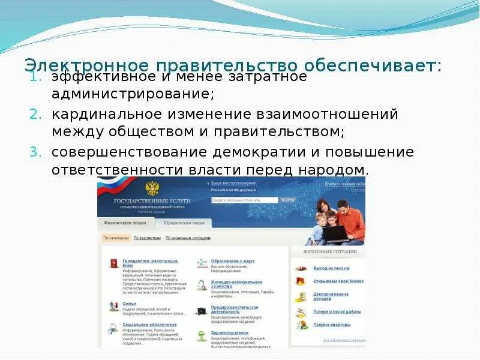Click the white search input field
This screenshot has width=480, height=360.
pos(244,200)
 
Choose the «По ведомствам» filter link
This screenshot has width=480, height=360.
pos(147,238)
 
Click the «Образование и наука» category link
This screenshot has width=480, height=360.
pos(233,262)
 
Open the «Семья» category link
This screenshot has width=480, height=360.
pos(129,304)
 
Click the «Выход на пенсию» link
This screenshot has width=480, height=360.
pos(331,268)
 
